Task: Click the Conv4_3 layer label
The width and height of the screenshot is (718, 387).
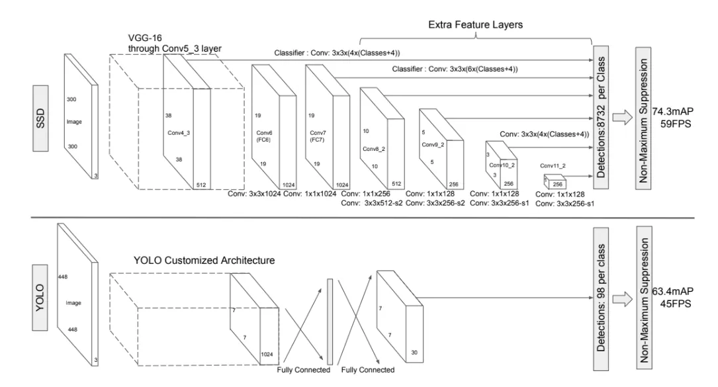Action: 179,132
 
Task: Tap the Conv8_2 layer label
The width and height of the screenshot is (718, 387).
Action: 375,149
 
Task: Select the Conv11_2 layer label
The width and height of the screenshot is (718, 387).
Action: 554,165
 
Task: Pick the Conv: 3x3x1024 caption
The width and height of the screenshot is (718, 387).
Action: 253,194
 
